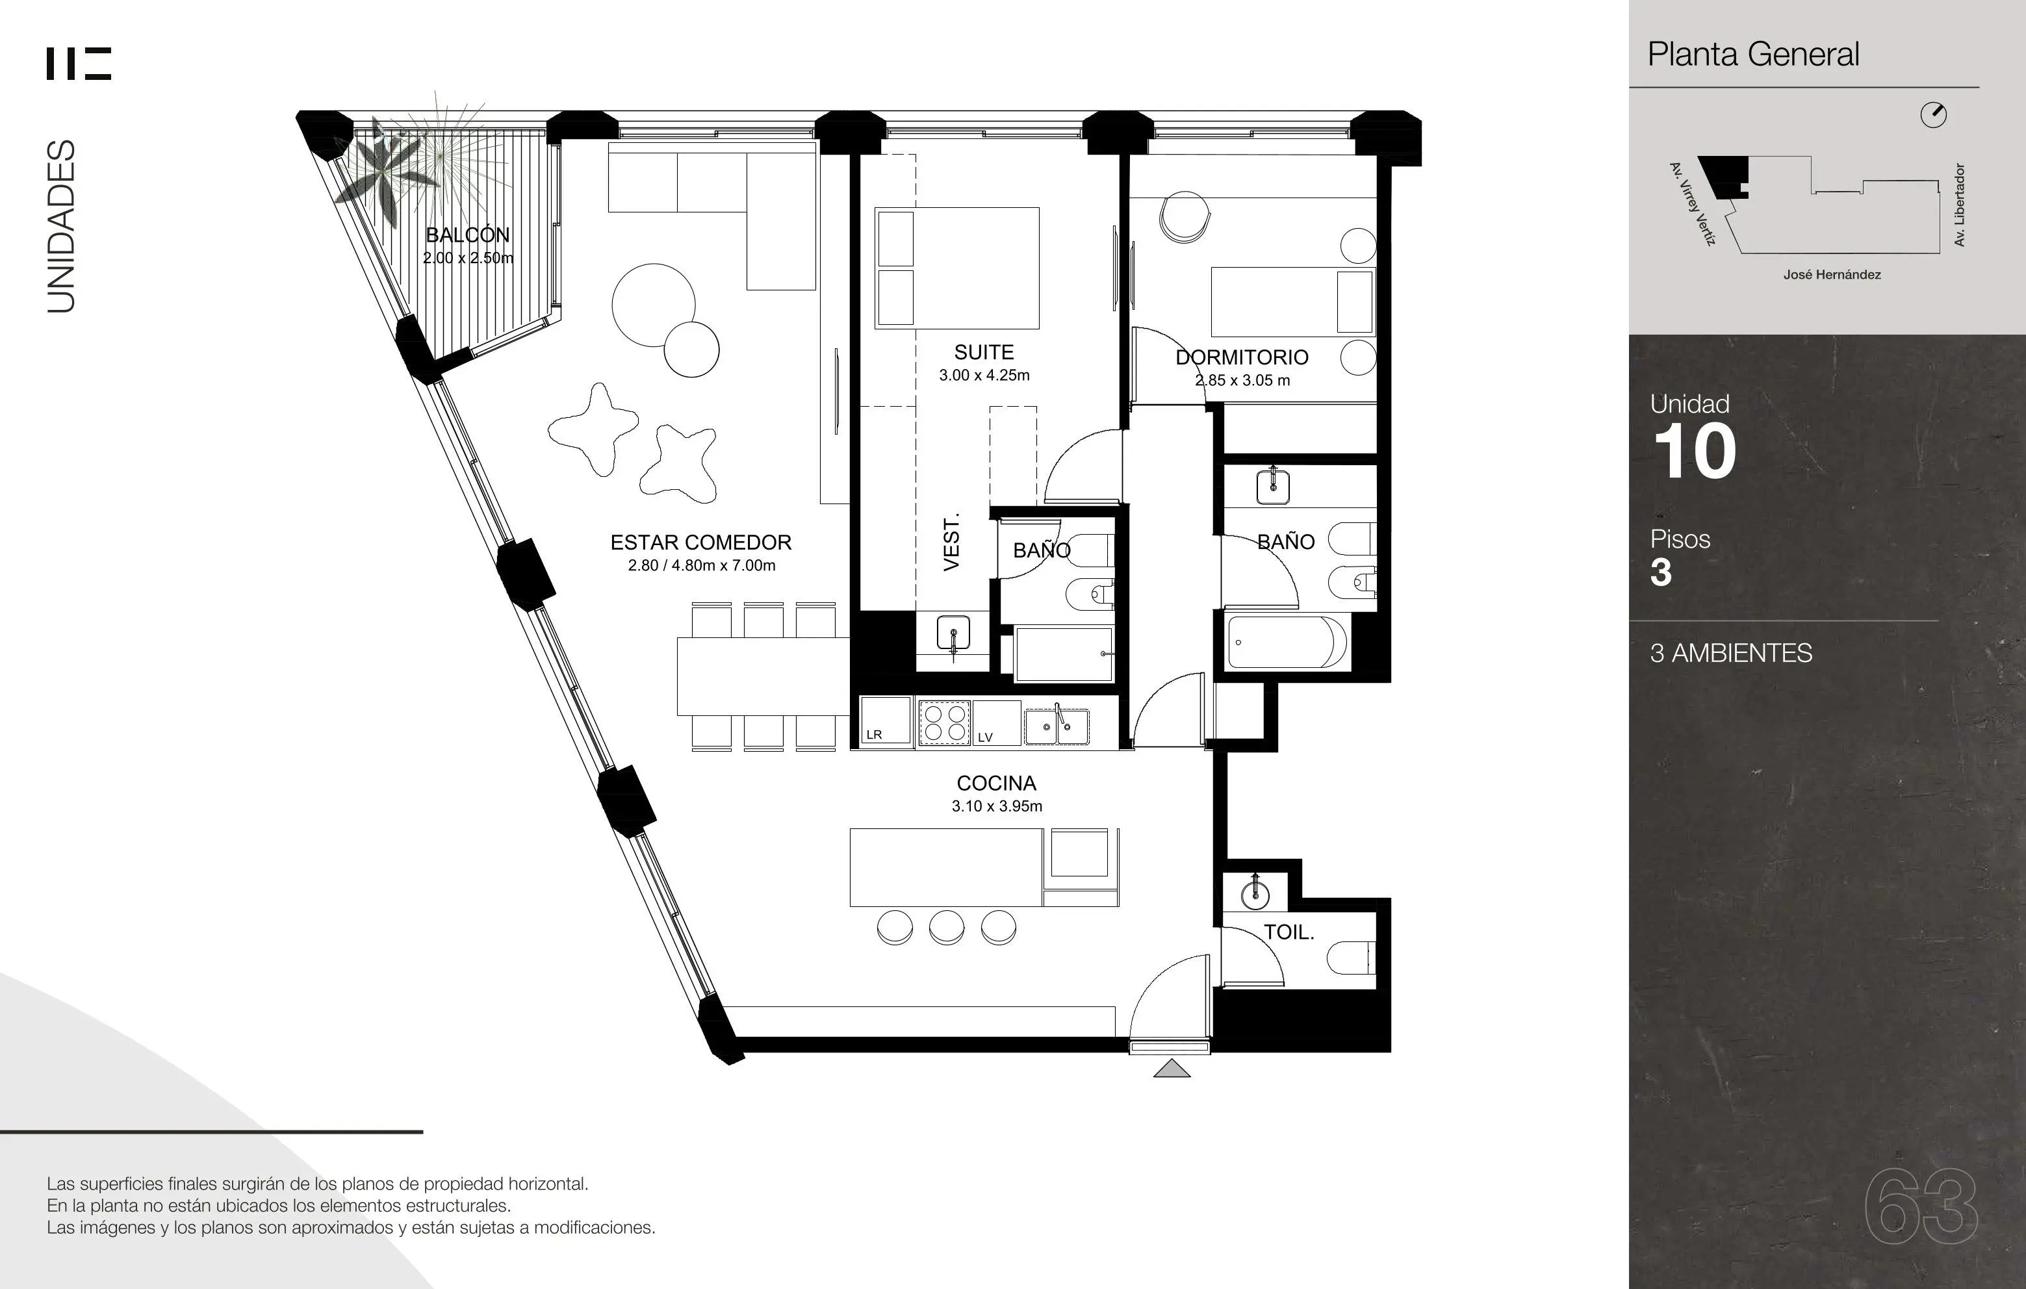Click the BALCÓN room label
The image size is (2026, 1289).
[468, 235]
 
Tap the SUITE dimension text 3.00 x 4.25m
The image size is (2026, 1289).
[984, 376]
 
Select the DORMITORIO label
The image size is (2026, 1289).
[1242, 357]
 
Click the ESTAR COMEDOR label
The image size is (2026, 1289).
[701, 542]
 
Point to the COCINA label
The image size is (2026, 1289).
[996, 784]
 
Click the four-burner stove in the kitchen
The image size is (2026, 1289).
[944, 722]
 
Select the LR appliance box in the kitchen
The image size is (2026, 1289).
[885, 721]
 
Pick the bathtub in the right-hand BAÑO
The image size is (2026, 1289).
[1287, 643]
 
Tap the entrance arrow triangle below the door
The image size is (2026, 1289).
[1172, 1069]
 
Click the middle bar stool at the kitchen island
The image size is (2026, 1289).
[947, 928]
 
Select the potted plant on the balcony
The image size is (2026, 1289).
[387, 172]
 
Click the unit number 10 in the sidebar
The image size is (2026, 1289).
[1695, 452]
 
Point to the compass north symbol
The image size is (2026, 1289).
[1934, 115]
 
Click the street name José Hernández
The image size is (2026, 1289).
[1832, 275]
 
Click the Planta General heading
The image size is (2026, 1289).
[1753, 55]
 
